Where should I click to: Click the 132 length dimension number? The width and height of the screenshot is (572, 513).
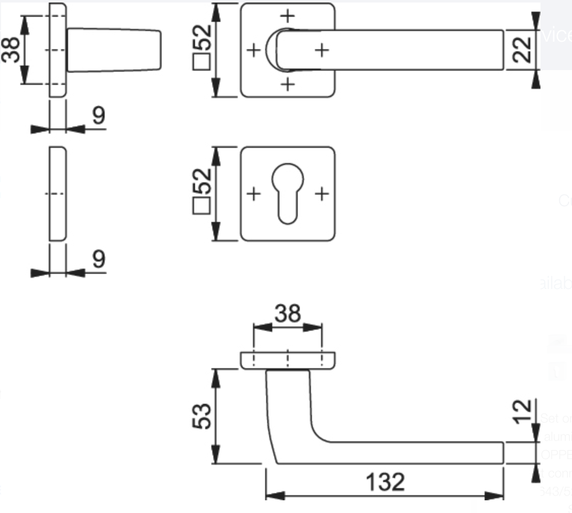386,481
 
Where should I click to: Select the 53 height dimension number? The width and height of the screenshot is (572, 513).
203,416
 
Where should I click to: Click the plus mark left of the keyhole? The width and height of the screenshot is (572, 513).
253,194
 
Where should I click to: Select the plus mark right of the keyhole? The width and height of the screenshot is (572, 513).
322,194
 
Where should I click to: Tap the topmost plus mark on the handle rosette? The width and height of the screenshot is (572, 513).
288,16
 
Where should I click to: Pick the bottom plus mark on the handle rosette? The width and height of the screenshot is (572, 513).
288,84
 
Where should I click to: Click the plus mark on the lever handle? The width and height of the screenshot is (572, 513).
322,50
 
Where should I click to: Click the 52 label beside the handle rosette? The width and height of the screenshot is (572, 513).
203,37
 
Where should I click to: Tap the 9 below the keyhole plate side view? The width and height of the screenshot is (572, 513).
99,259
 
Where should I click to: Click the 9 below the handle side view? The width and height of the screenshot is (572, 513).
99,116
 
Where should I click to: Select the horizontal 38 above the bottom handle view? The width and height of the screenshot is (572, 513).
288,314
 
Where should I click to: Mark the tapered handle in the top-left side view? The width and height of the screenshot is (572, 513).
114,50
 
